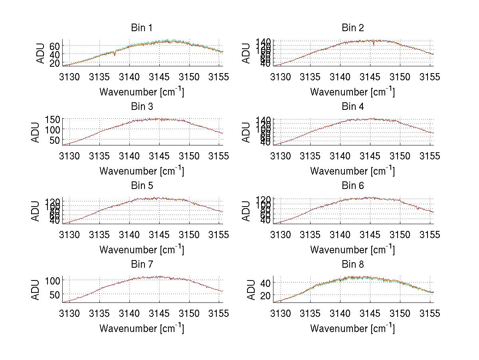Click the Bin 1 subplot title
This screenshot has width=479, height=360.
tap(142, 28)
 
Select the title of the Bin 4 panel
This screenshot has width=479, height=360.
tap(353, 107)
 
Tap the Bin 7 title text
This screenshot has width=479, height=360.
tap(142, 265)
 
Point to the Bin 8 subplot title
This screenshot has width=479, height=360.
tap(353, 265)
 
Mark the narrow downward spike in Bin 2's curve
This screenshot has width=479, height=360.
tap(374, 44)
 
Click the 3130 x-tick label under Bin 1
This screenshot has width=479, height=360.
tap(70, 77)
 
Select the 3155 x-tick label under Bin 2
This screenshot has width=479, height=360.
tap(430, 77)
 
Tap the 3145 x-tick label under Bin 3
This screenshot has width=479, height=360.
tap(160, 155)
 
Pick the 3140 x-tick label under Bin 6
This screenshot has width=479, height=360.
tap(340, 235)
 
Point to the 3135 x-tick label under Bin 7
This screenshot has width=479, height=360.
tap(100, 313)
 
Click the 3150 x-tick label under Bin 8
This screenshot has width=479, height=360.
tap(400, 313)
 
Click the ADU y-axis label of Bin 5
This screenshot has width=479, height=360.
tap(36, 211)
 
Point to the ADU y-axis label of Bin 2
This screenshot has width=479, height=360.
tap(247, 53)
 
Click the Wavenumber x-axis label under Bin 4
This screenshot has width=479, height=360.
tap(353, 171)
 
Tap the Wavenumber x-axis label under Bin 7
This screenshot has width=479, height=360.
tap(142, 328)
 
